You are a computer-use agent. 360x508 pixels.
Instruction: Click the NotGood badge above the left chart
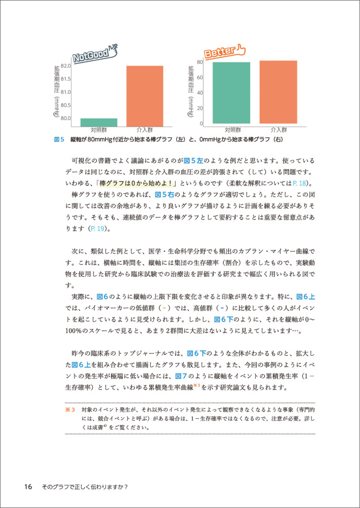[x=94, y=53]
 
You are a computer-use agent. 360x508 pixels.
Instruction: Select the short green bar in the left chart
[x=99, y=122]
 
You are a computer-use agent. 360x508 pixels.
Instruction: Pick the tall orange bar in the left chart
[x=145, y=96]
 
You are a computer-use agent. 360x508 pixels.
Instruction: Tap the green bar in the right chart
[x=232, y=92]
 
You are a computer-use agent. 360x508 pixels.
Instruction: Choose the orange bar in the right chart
[x=278, y=92]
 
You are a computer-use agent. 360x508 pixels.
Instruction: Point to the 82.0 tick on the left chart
[x=66, y=66]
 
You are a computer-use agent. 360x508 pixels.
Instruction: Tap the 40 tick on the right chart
[x=200, y=92]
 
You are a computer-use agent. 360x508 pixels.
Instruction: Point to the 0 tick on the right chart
[x=201, y=123]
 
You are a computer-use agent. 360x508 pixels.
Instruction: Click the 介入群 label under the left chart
[x=145, y=130]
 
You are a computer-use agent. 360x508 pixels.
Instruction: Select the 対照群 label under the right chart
[x=232, y=130]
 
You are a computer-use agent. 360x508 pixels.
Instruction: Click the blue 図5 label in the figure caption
[x=58, y=139]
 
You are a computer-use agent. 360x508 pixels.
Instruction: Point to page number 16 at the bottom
[x=28, y=486]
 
